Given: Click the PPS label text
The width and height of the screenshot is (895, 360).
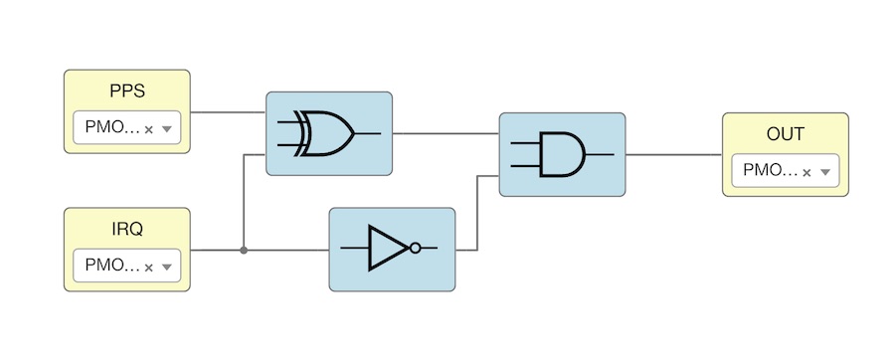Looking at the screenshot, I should [127, 90].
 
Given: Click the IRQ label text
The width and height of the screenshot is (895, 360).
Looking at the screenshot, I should [127, 229].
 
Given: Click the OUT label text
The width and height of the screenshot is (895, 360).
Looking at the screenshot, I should [785, 134].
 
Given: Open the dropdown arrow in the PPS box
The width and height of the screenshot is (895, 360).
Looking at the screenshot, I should [167, 129].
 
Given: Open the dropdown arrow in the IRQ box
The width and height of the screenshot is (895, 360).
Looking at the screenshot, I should [167, 267].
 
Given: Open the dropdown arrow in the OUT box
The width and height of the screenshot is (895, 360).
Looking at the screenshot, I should [824, 172].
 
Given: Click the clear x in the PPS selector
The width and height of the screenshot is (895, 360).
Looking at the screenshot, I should [148, 129].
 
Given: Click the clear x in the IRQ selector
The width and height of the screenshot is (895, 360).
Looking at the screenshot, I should [148, 267].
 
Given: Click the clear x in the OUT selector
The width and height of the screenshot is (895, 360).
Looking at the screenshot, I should [806, 172].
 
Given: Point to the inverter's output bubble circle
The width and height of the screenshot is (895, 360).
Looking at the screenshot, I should [416, 249].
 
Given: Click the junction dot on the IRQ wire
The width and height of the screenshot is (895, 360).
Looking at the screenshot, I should [244, 250].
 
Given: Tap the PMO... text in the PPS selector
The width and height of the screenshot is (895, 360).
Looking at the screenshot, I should [106, 128].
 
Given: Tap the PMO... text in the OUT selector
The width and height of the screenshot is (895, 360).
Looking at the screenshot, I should [764, 171].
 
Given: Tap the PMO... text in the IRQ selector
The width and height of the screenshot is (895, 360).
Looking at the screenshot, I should [106, 266].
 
